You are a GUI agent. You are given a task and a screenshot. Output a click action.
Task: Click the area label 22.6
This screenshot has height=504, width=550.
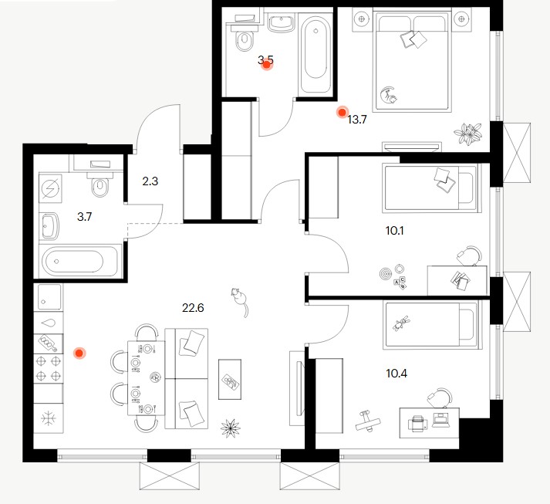pos(193,308)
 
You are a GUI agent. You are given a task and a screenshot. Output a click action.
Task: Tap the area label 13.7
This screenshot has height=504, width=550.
pos(356,120)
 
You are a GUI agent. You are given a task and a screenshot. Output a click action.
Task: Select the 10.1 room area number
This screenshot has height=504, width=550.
pos(394,231)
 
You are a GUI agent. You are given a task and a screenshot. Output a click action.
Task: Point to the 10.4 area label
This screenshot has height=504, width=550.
pos(396,373)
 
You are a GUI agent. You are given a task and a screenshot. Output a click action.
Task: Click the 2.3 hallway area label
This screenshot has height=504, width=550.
pos(150,181)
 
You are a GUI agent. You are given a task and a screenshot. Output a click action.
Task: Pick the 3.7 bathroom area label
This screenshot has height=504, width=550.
pos(85,217)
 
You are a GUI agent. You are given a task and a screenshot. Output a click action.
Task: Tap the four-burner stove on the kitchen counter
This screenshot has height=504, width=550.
pos(49,368)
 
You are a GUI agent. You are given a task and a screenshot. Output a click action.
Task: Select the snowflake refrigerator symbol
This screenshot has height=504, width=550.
pos(49,418)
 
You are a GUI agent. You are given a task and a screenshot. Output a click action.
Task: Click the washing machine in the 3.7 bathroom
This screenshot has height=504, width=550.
pos(51,188)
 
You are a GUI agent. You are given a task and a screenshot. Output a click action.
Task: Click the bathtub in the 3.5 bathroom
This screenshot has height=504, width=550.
pos(315,55)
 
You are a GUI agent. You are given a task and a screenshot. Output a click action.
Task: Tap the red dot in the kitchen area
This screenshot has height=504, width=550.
pos(79,353)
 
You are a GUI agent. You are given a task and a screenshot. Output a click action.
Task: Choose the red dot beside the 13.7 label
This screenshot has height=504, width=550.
pos(342,113)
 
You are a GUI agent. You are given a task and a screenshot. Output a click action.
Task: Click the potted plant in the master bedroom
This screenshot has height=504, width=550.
pos(467,134)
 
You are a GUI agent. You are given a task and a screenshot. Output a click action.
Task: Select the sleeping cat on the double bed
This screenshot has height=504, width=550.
pos(389,95)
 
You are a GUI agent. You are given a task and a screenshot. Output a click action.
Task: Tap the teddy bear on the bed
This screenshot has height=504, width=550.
pos(401,323)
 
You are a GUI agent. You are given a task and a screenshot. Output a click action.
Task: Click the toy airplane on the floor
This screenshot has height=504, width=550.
pos(368,420)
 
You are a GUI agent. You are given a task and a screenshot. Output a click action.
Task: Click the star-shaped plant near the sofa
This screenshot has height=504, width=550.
pos(231,428)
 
